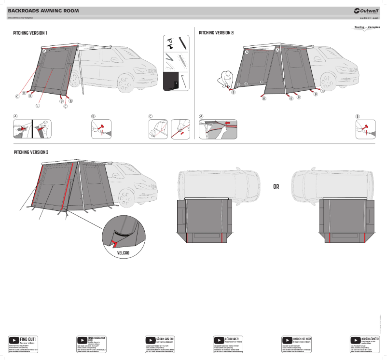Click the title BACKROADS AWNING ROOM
point(43,10)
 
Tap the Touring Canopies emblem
point(366,28)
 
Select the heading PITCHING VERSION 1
point(30,33)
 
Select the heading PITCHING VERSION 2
point(216,33)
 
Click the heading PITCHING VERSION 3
point(31,152)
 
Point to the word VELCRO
point(123,252)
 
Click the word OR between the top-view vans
point(276,186)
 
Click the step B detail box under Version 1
point(101,129)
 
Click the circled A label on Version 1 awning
point(44,51)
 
